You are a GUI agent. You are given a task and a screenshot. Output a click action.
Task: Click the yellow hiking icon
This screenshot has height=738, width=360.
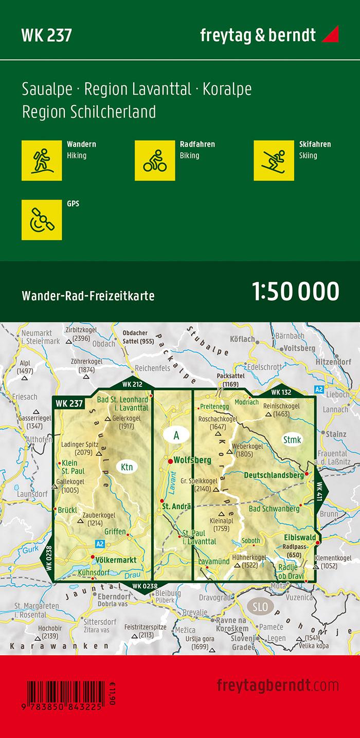pyautogui.click(x=42, y=160)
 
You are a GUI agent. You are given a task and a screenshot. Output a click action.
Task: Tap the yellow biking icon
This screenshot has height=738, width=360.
pyautogui.click(x=155, y=160)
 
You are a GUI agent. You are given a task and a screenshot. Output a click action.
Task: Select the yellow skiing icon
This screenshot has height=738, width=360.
pyautogui.click(x=274, y=160)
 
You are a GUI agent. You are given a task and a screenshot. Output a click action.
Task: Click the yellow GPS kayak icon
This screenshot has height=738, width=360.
pyautogui.click(x=42, y=220)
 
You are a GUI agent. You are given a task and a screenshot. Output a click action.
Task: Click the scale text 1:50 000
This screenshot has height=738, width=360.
pyautogui.click(x=296, y=291)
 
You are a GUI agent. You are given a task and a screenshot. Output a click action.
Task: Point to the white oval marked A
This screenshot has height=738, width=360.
pyautogui.click(x=176, y=436)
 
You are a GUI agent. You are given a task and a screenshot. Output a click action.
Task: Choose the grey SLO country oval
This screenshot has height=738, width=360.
pyautogui.click(x=260, y=607)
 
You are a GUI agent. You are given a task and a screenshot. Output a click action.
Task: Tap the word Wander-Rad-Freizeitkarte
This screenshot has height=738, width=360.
pyautogui.click(x=88, y=296)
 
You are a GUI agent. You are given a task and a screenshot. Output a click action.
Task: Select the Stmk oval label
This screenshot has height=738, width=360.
pyautogui.click(x=292, y=439)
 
